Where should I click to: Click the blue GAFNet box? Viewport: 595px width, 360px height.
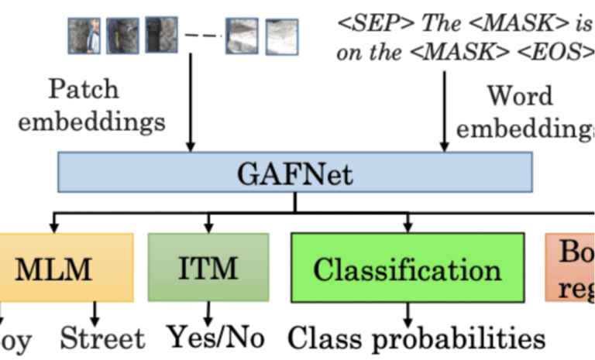tap(294, 172)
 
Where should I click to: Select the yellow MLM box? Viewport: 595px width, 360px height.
tap(66, 268)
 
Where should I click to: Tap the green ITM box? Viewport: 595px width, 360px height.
tap(208, 268)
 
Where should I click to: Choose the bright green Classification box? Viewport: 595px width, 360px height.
tap(407, 268)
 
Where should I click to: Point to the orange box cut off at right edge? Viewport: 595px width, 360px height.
tap(571, 268)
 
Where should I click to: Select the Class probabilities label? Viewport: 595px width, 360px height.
tap(417, 338)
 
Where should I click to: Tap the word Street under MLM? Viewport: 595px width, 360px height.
tap(102, 338)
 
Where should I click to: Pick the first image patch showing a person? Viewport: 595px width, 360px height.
tap(84, 36)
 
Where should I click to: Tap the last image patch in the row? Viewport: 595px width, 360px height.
tap(281, 36)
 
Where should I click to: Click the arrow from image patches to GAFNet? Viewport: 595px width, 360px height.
tap(190, 101)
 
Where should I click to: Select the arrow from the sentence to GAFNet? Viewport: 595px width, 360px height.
tap(445, 108)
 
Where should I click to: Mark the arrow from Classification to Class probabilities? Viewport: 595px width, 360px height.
tap(408, 314)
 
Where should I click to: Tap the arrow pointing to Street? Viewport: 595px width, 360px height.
tap(95, 313)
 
